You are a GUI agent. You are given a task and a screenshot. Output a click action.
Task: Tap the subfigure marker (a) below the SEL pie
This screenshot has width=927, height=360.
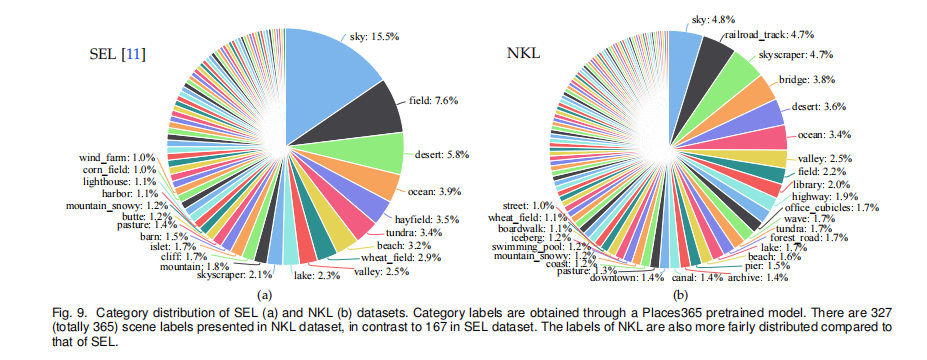click(x=264, y=295)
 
